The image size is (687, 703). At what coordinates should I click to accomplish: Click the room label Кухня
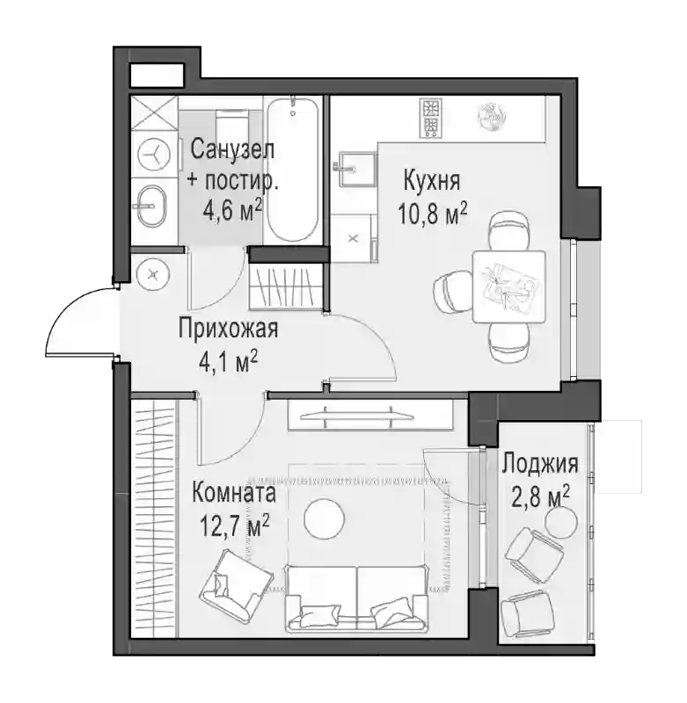[432, 180]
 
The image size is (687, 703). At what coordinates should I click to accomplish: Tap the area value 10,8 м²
[433, 214]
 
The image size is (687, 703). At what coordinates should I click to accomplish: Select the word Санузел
[232, 149]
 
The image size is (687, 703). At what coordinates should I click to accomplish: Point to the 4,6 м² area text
[232, 211]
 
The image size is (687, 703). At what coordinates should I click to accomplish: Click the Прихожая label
[229, 329]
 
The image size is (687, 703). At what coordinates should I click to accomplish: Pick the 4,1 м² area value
[229, 362]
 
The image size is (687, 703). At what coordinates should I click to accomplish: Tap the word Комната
[234, 493]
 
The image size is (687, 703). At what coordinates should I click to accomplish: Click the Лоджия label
[540, 464]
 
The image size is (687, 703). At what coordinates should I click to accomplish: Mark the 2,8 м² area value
[541, 496]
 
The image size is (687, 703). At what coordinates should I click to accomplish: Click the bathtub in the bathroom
[294, 170]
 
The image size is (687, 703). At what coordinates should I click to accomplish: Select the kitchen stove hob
[431, 119]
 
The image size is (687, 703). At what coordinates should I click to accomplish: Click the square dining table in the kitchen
[508, 286]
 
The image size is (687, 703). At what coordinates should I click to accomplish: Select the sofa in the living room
[356, 598]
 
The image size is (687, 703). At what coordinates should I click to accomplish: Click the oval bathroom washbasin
[151, 207]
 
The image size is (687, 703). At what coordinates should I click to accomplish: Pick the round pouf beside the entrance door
[153, 275]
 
